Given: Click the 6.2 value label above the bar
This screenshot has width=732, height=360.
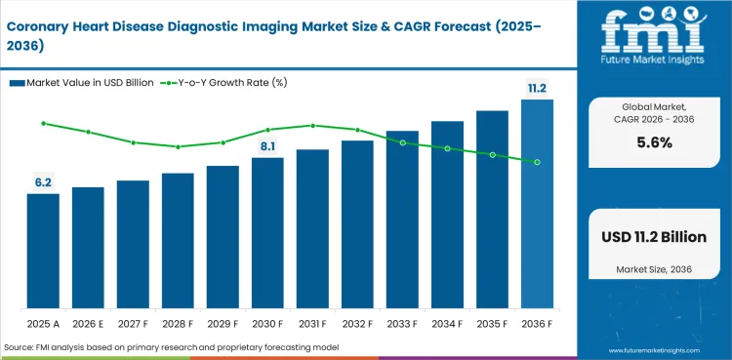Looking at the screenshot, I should [x=43, y=181].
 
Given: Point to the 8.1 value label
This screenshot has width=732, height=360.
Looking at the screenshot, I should [x=267, y=146].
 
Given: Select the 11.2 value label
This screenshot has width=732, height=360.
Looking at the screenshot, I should [x=537, y=88].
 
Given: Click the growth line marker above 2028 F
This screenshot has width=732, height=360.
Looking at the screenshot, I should [x=178, y=147].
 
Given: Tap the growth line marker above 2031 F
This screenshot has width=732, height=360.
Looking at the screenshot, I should [x=312, y=125].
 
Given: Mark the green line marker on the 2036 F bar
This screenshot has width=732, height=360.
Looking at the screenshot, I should [x=537, y=162].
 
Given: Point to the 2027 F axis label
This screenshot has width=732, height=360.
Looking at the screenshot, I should [x=133, y=323].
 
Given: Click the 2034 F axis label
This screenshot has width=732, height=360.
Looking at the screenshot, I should [x=447, y=323].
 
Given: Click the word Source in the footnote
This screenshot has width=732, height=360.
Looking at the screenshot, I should [x=20, y=346].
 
